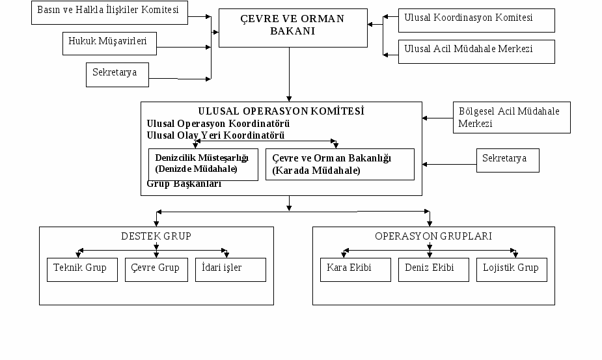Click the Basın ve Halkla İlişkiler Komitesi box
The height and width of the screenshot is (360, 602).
109,12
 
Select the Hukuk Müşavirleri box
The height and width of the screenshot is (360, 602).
109,44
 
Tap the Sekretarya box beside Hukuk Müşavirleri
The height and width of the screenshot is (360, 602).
117,75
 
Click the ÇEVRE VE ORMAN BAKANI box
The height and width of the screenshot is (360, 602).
293,28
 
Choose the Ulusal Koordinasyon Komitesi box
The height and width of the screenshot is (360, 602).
476,20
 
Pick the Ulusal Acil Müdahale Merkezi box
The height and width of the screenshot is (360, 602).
476,51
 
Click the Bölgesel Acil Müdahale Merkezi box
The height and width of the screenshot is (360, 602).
512,118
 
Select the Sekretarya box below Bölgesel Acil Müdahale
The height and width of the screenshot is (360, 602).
508,161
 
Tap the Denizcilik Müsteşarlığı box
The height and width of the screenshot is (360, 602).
203,165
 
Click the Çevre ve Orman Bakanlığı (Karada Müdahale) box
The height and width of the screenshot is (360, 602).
340,165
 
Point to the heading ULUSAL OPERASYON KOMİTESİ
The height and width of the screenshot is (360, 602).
281,111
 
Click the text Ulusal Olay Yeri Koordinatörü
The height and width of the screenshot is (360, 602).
215,135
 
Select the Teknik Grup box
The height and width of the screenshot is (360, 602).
82,270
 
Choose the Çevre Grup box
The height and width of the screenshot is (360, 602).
156,270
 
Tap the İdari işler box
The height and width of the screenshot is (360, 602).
230,270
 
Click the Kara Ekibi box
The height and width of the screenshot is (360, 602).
355,270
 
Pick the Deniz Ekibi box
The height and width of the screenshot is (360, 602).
433,270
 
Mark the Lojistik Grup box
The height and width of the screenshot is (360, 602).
512,270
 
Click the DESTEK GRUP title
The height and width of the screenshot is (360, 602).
156,236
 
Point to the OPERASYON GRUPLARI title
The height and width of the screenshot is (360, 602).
433,236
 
